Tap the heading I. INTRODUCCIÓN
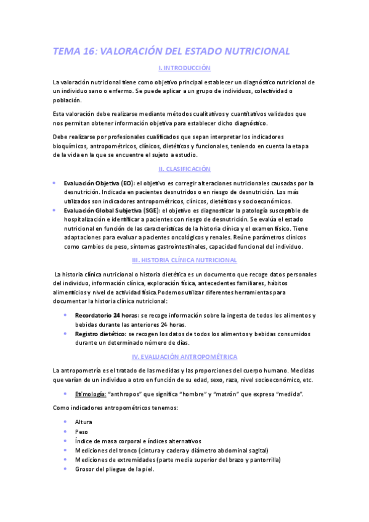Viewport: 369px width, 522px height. pos(184,68)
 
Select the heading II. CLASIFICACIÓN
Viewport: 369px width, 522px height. pos(184,169)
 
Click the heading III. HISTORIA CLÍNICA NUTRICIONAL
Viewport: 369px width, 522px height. pos(184,260)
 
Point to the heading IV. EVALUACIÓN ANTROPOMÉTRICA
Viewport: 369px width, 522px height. pos(184,357)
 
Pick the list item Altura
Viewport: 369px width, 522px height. pos(84,422)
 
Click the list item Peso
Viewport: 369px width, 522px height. pos(82,432)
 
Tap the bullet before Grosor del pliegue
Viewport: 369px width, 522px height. pos(65,468)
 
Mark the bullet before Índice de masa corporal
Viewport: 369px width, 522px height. pos(65,441)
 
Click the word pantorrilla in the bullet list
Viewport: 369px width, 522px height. pos(265,459)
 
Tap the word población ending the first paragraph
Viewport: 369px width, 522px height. pos(67,100)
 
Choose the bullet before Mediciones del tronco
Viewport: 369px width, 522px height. pos(65,450)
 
